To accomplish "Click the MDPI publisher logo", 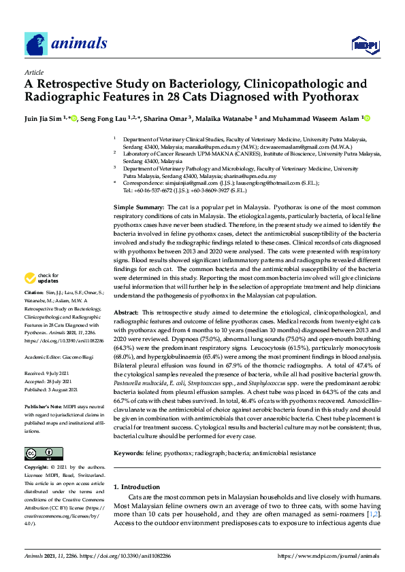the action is (364, 45).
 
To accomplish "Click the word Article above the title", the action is (33, 72).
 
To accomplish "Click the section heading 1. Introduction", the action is (142, 487).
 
